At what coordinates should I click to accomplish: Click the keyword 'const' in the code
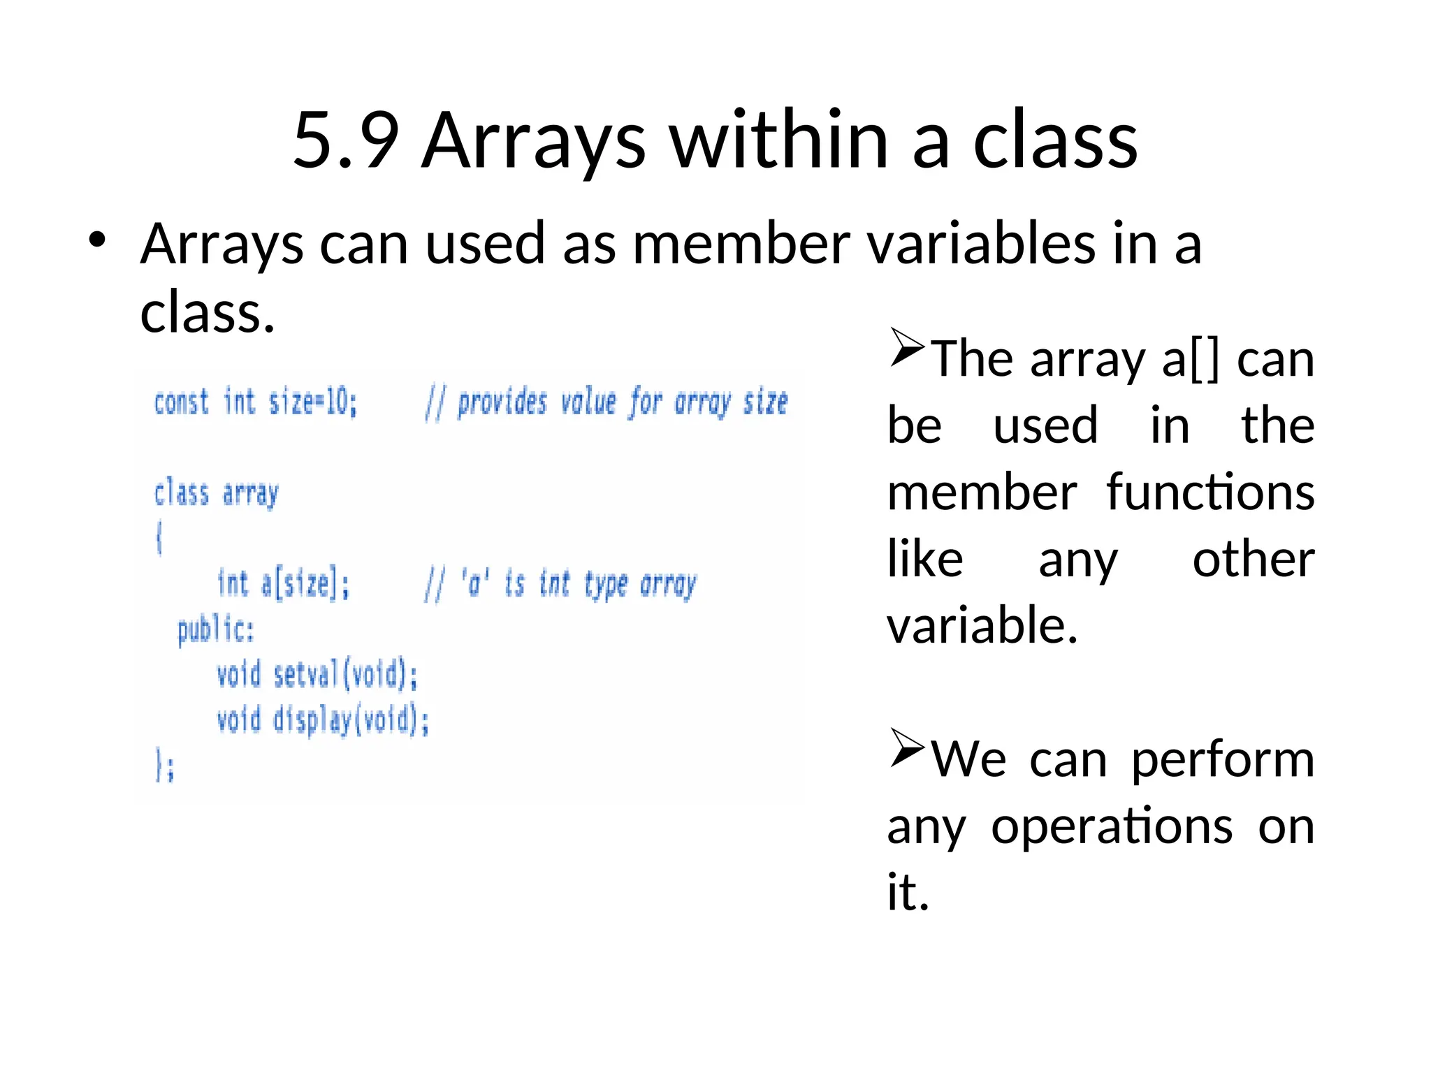(181, 403)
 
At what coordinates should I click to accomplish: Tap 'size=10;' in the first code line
(312, 403)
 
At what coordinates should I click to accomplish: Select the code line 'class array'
(216, 494)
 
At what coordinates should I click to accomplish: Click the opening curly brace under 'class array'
(159, 539)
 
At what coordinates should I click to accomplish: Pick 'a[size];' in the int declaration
(305, 584)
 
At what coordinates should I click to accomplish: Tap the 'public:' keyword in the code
(215, 630)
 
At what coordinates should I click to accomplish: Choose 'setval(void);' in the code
(345, 676)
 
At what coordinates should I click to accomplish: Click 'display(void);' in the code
(351, 720)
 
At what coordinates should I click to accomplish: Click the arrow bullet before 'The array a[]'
(907, 347)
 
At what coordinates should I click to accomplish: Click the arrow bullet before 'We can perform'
(907, 747)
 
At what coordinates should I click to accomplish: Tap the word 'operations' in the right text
(1112, 827)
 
